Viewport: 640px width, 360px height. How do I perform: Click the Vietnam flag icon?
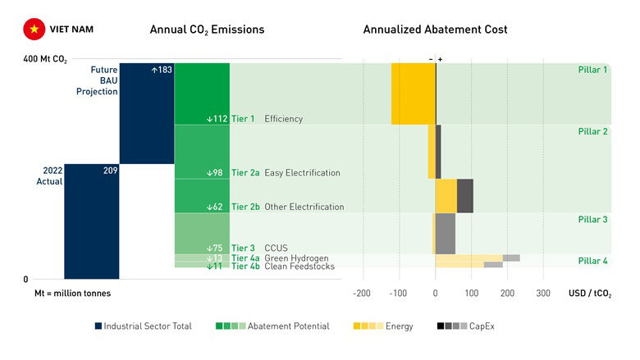coord(34,30)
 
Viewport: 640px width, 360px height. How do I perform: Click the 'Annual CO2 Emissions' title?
coord(207,30)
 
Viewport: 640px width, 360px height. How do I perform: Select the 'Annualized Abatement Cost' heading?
coord(435,30)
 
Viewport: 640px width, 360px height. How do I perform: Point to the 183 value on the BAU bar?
coord(162,70)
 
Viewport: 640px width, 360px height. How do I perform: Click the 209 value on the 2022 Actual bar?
coord(111,171)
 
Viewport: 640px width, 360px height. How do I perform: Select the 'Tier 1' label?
coord(243,119)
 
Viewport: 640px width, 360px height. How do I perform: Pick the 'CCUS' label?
coord(276,248)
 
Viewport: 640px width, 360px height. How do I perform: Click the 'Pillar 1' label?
coord(592,70)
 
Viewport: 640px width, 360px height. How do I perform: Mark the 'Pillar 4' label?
coord(592,261)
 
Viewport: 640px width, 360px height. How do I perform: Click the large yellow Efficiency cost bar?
coord(413,93)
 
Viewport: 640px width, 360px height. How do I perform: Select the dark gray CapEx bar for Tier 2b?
coord(465,196)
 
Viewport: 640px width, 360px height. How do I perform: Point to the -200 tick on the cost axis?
coord(362,293)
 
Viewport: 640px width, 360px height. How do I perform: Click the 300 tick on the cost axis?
coord(543,293)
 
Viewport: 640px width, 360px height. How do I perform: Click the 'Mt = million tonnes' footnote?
coord(72,293)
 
